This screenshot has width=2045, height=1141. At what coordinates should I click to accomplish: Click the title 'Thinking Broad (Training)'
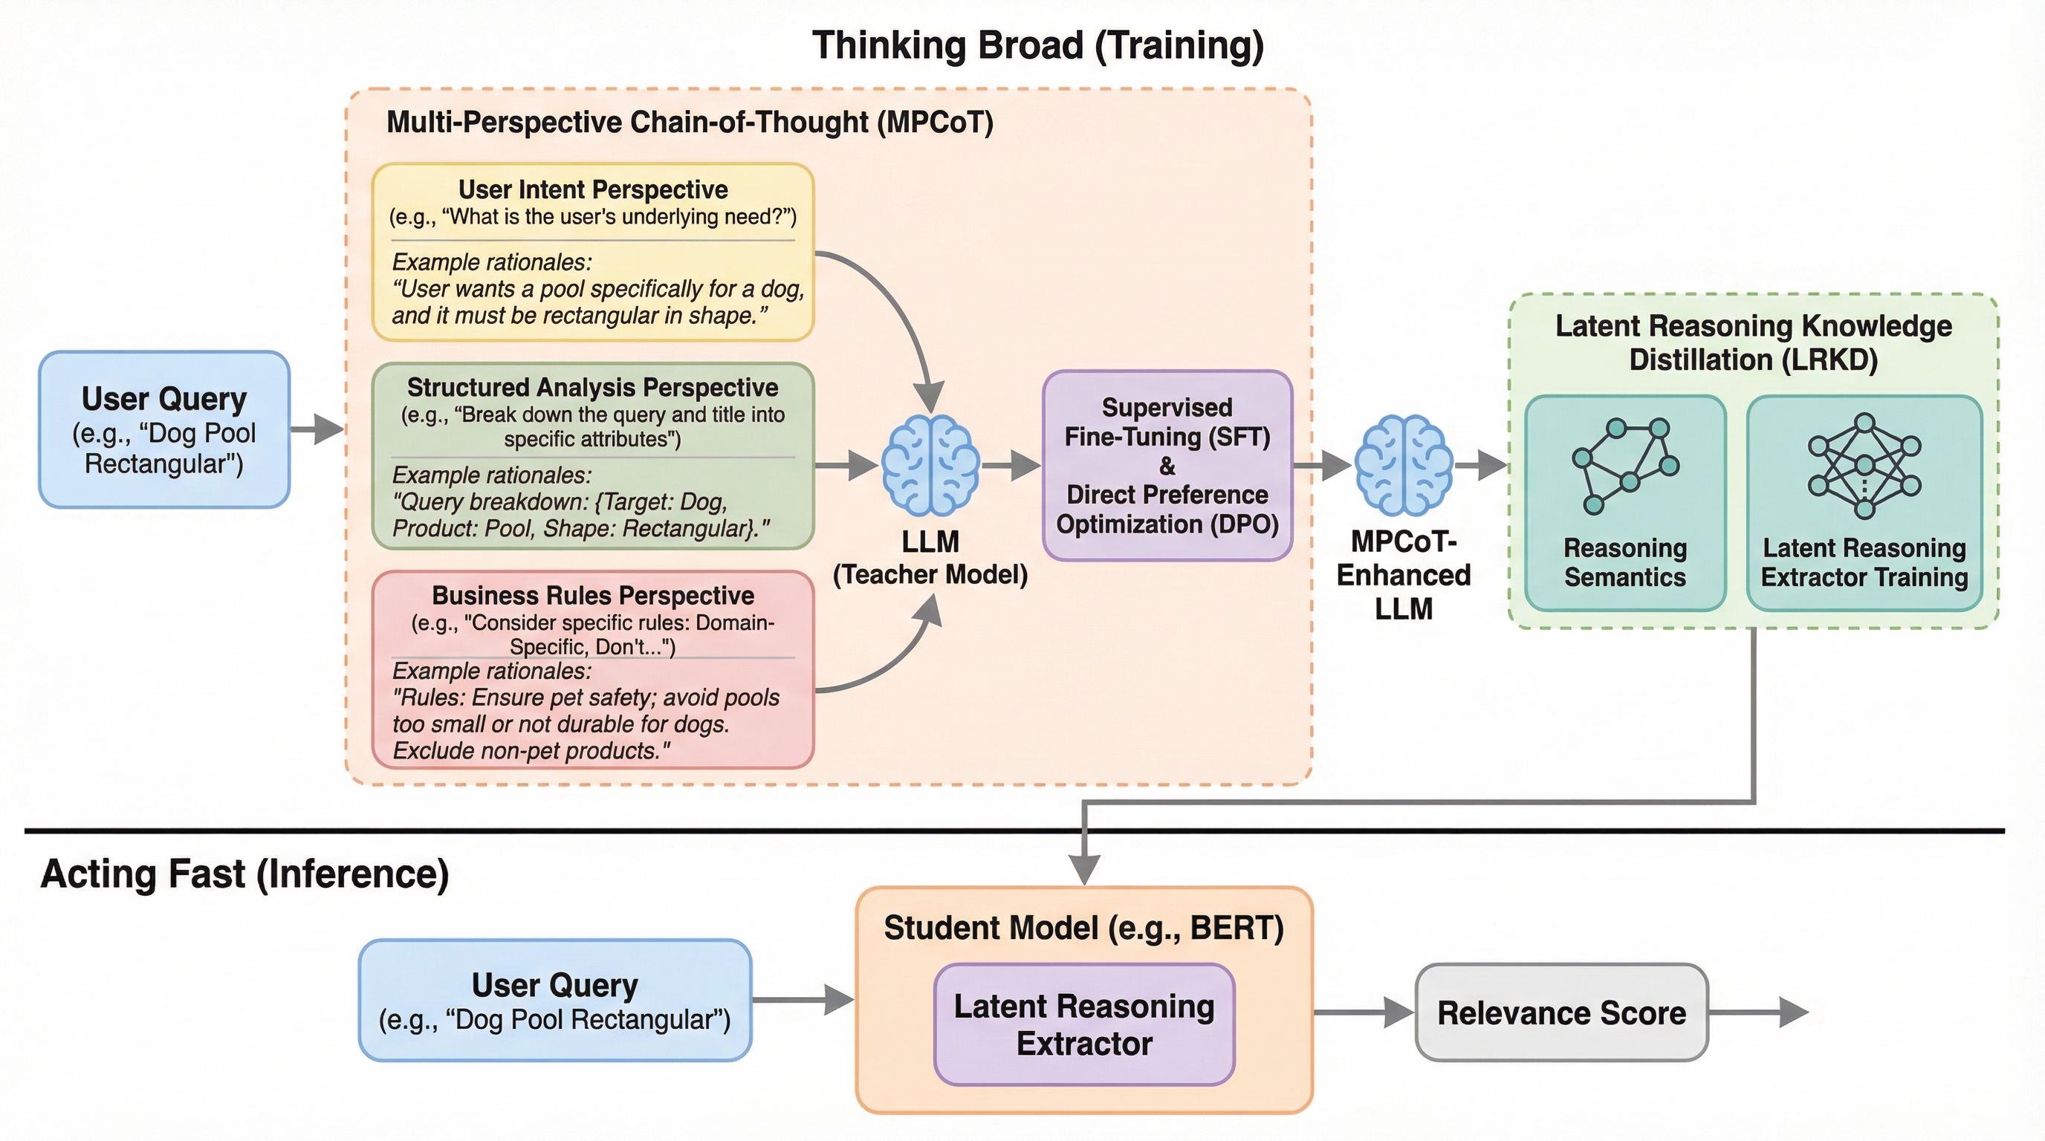click(1037, 45)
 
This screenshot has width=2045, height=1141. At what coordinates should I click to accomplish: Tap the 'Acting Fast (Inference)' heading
click(244, 874)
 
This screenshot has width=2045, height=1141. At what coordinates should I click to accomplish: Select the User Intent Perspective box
click(593, 252)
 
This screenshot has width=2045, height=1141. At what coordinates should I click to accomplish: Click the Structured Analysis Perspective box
click(593, 456)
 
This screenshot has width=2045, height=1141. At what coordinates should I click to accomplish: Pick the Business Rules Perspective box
click(593, 670)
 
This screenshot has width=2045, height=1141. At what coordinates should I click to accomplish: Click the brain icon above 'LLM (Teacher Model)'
click(930, 465)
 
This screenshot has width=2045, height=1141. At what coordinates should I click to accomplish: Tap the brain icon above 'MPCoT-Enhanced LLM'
click(1404, 465)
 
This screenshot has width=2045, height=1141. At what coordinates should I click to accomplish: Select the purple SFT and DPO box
click(1167, 466)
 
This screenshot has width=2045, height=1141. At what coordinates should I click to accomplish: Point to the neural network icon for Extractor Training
click(1864, 465)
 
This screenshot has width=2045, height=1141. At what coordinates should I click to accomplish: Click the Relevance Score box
click(1561, 1012)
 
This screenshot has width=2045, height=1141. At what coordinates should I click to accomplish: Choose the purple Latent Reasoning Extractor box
click(1084, 1024)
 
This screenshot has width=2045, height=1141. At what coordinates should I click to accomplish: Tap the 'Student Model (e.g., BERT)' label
click(1083, 928)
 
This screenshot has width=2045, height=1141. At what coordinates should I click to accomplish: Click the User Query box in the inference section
click(555, 1001)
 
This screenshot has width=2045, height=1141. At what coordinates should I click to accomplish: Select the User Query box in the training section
click(164, 429)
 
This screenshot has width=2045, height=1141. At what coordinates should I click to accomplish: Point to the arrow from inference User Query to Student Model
click(803, 1000)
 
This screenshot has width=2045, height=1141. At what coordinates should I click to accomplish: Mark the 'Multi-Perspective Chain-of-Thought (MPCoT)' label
click(689, 122)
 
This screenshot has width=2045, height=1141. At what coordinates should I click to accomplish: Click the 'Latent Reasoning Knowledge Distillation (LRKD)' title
click(1753, 342)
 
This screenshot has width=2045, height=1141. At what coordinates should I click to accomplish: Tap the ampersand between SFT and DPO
click(1167, 466)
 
